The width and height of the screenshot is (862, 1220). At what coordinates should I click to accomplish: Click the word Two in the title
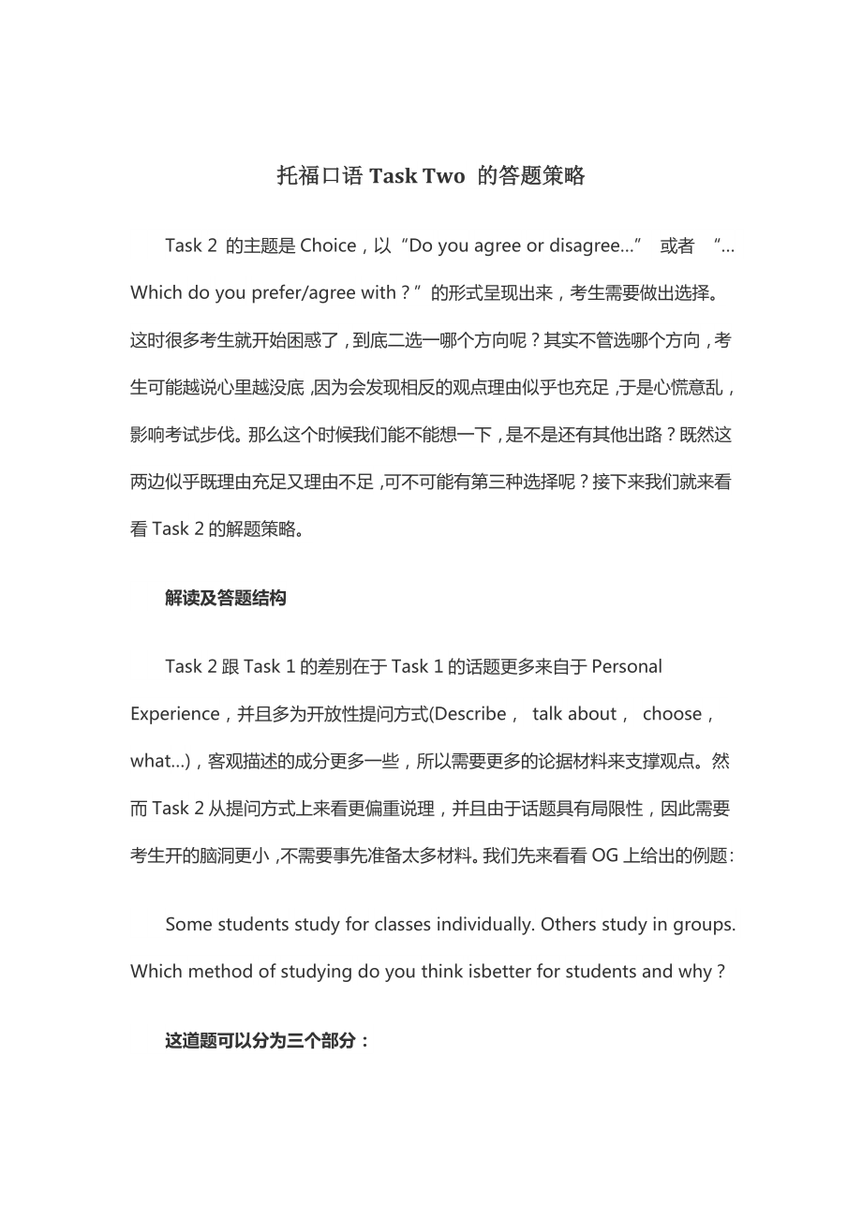point(442,175)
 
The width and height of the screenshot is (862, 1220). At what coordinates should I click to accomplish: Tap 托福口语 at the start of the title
point(320,175)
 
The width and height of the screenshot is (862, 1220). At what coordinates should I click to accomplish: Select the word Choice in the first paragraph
point(327,245)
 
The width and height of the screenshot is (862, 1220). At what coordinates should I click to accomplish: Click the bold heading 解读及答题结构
point(226,598)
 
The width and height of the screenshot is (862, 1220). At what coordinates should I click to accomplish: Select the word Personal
point(627,666)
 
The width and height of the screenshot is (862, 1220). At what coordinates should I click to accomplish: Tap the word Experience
point(173,714)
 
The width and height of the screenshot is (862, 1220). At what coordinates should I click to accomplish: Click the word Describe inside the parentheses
point(470,714)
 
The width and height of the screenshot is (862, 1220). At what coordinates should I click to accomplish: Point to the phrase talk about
point(573,714)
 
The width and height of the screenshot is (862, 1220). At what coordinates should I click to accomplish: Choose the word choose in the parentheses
point(672,714)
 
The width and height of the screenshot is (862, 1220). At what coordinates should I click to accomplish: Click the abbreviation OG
point(604,855)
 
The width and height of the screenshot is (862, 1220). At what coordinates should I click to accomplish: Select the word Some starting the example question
point(188,924)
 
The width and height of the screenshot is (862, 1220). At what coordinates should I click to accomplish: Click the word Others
point(567,924)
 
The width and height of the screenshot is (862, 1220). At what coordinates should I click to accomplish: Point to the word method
point(220,972)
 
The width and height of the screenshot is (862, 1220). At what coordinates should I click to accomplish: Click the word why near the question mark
point(694,972)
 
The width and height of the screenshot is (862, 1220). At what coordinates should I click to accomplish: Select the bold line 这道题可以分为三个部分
point(266,1041)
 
